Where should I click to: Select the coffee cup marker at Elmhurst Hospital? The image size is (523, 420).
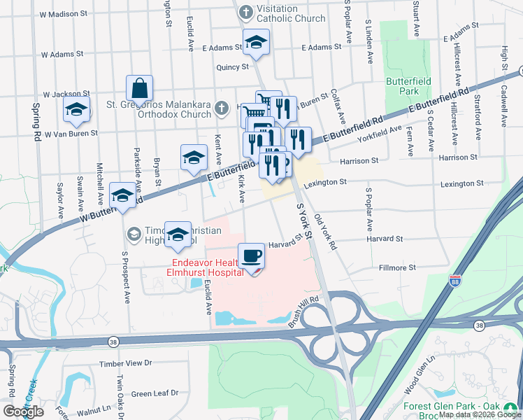(x=252, y=256)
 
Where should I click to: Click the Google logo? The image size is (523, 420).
(x=23, y=412)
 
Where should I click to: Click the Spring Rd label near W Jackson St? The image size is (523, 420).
(x=36, y=122)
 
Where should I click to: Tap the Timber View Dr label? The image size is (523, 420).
(x=125, y=363)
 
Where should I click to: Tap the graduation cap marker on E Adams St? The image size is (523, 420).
(x=257, y=42)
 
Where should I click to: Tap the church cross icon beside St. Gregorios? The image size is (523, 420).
(x=222, y=107)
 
